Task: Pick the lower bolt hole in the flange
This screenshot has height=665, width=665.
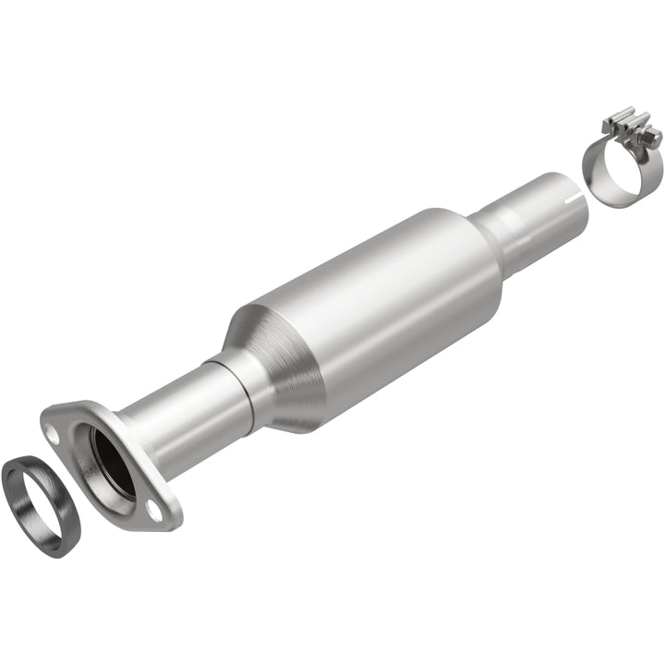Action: (152, 506)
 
